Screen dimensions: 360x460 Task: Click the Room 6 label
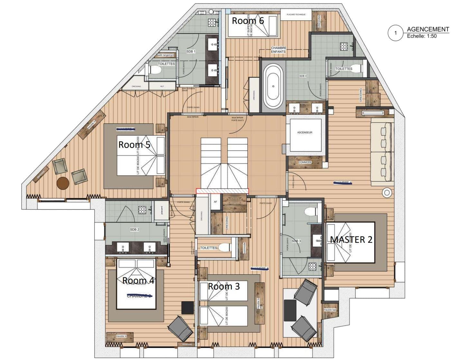point(248,21)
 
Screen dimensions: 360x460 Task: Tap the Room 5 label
point(134,145)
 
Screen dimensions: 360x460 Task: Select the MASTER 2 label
point(351,240)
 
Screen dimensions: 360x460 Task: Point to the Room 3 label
point(224,286)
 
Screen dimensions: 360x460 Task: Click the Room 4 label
point(138,281)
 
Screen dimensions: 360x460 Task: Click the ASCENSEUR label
point(305,132)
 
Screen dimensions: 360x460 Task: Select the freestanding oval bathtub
point(273,86)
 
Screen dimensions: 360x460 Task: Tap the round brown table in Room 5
point(63,184)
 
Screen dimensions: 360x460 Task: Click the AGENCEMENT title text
point(427,29)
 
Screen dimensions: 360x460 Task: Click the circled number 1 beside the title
point(395,33)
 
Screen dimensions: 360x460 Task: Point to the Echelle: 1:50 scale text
point(422,36)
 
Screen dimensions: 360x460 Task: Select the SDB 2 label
point(135,230)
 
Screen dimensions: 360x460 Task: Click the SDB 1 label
point(191,52)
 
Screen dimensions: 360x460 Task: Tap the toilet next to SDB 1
point(155,70)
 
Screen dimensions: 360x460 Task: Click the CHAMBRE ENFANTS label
point(278,50)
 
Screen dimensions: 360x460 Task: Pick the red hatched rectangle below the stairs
point(222,191)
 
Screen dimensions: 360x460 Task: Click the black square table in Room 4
point(187,308)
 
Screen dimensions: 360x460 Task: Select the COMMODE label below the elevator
point(305,162)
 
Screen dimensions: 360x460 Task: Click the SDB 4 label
point(303,76)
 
